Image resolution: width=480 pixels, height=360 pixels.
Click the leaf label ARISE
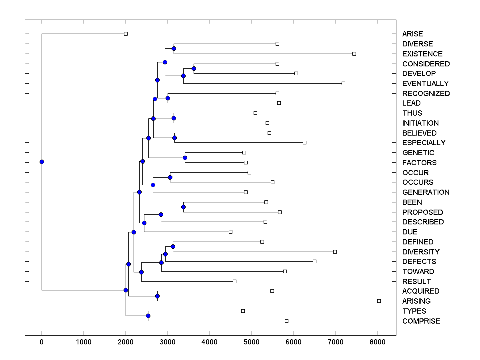tap(412, 34)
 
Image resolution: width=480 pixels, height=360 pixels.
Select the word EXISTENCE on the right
tap(422, 54)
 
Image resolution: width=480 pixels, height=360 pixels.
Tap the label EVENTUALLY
tap(425, 84)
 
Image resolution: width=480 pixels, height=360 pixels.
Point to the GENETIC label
tap(418, 153)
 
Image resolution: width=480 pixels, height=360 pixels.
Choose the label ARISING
tap(416, 301)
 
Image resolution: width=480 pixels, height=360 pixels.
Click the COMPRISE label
tap(421, 321)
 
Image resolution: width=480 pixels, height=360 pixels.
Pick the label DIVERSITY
tap(421, 252)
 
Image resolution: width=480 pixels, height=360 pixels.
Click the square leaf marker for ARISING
tap(379, 301)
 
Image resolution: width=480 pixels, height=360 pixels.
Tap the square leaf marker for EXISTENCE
tap(354, 54)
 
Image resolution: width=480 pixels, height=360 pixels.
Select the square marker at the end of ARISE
tap(126, 34)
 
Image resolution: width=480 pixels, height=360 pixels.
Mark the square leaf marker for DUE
tap(230, 232)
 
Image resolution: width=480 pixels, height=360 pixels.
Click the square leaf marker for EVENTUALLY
tap(343, 83)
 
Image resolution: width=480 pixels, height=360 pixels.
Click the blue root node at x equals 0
tap(42, 162)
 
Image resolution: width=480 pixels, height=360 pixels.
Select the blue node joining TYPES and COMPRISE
tap(148, 316)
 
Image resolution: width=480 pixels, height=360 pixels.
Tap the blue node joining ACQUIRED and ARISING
tap(157, 296)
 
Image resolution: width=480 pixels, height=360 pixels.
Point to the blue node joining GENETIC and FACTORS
tap(185, 158)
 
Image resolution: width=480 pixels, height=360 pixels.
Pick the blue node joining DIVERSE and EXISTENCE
tap(174, 48)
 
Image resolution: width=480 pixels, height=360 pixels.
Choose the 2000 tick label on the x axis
tap(126, 342)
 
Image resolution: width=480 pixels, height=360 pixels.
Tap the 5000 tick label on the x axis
tap(252, 342)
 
